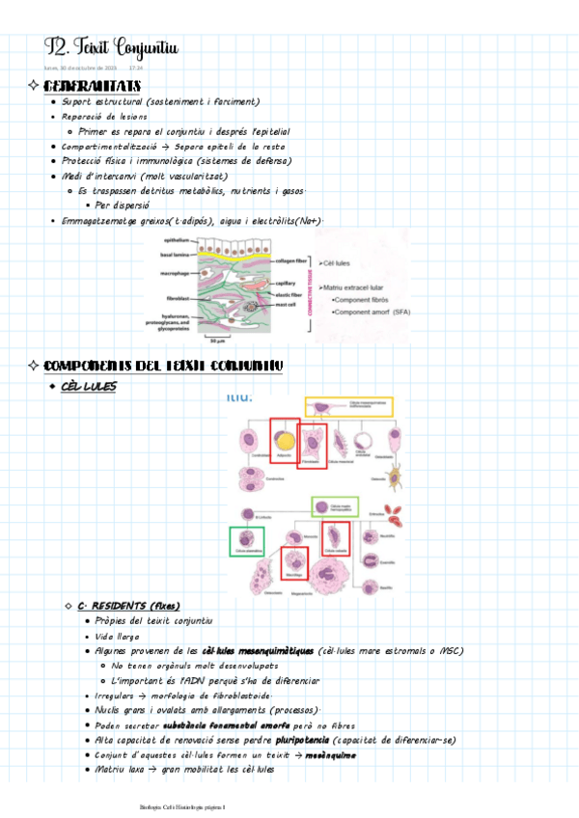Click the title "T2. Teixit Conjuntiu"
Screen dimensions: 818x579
(111, 47)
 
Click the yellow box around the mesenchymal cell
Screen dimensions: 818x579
(348, 406)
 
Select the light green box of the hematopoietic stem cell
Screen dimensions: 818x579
(334, 505)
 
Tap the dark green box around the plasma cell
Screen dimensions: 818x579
(247, 541)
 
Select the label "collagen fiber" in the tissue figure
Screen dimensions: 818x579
(292, 259)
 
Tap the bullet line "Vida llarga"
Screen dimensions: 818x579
(116, 637)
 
